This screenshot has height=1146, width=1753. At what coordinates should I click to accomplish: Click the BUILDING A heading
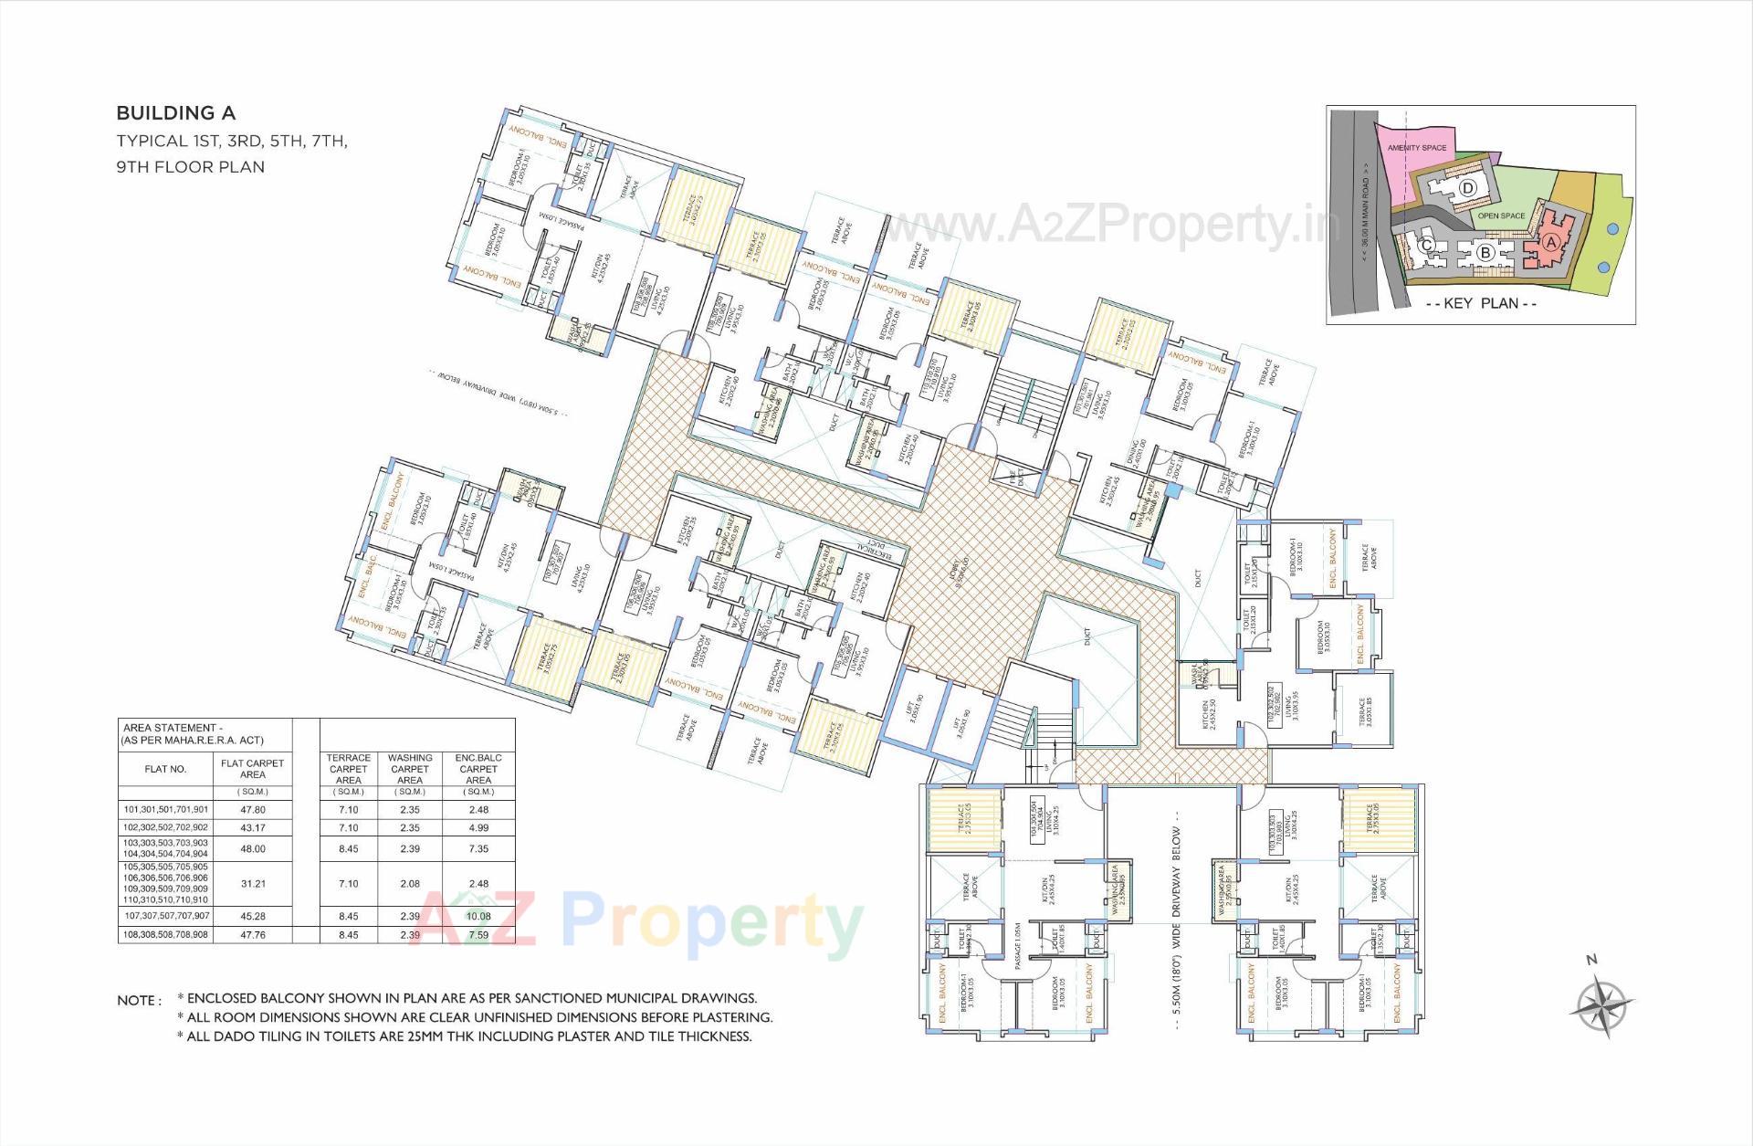point(175,113)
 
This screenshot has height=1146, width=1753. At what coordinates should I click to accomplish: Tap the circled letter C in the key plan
point(1427,245)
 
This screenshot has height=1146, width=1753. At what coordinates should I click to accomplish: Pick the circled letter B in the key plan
point(1485,251)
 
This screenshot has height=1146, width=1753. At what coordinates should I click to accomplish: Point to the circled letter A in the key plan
point(1549,242)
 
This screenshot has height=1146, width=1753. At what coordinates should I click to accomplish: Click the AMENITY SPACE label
point(1416,148)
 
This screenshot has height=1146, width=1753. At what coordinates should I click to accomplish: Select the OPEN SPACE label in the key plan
point(1501,216)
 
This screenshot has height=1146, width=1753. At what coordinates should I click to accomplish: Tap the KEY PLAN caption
point(1480,304)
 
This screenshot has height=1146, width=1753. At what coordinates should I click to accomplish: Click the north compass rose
point(1601,1006)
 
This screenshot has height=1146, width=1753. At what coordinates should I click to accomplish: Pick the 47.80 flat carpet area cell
point(253,809)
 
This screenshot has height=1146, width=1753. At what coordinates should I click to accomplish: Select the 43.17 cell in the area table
point(253,827)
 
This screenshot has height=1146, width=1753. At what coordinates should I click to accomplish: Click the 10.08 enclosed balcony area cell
point(478,916)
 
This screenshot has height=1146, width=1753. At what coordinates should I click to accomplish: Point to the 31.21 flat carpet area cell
point(253,883)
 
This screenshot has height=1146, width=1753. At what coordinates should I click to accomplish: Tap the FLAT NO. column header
point(165,769)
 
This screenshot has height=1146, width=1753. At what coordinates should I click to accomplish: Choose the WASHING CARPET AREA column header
point(410,769)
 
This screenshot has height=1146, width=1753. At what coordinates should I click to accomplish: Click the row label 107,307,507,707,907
point(166,916)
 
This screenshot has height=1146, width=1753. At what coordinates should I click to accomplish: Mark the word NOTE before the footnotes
point(137,1001)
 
